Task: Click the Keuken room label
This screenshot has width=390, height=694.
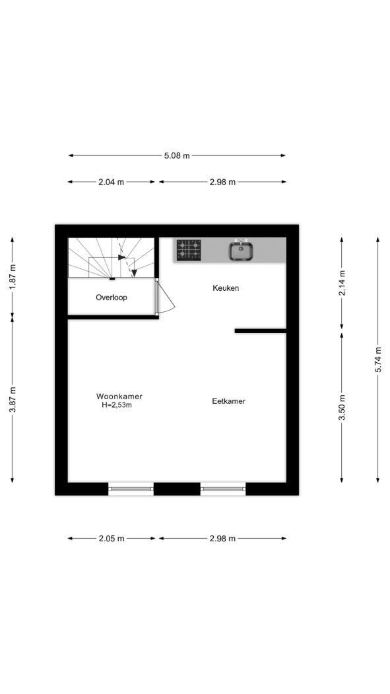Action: (226, 288)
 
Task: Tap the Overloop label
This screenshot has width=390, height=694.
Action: (112, 297)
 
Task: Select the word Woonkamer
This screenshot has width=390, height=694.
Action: (119, 397)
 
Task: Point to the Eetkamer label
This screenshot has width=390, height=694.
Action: (228, 401)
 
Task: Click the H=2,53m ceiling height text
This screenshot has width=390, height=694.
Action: (117, 405)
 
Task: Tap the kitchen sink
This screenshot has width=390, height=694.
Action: (240, 250)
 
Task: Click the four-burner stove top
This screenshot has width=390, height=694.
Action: (189, 250)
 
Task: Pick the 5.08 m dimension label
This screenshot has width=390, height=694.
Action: (177, 156)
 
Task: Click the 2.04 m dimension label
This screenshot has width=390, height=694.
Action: (112, 182)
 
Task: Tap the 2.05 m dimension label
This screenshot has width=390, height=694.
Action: (112, 539)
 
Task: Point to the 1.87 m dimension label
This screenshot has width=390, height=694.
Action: (13, 277)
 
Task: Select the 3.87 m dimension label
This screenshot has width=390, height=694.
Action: (13, 400)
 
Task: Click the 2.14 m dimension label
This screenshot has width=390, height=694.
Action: (342, 282)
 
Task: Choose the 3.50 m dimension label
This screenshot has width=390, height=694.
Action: (342, 407)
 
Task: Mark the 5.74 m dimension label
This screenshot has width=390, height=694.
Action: (378, 360)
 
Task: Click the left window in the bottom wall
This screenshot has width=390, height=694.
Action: (131, 488)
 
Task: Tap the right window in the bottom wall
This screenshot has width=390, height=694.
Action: (222, 488)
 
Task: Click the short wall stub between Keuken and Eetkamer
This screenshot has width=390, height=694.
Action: (261, 330)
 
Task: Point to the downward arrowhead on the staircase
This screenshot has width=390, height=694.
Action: (134, 274)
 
